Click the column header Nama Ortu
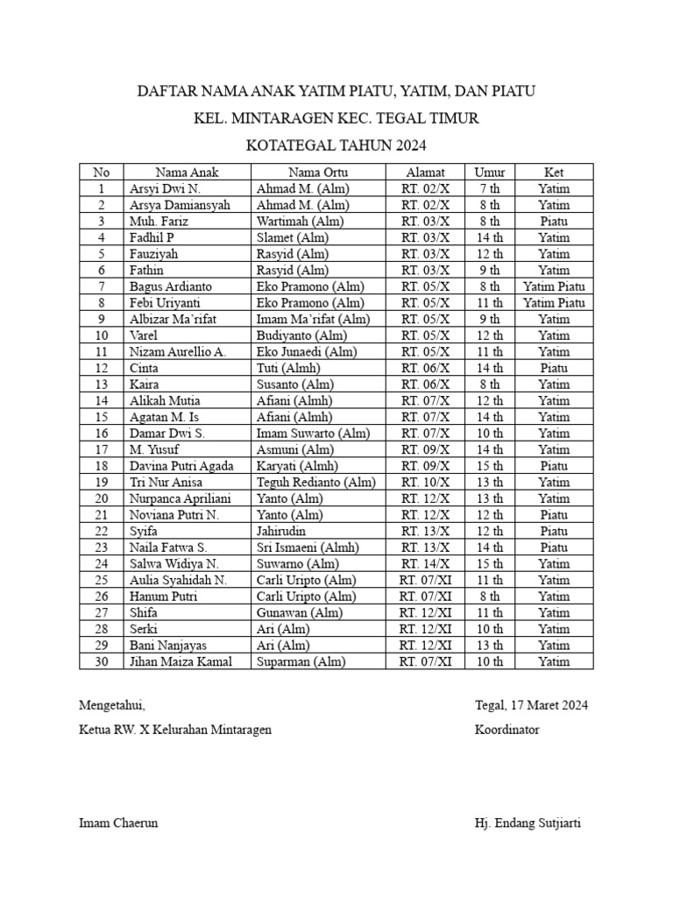(x=318, y=172)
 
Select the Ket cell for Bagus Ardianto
(x=554, y=286)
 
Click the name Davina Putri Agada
(x=181, y=466)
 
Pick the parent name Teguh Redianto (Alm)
(x=316, y=482)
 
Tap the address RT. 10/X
(x=425, y=482)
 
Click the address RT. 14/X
(x=425, y=563)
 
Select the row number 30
(x=101, y=661)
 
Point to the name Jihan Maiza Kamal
(x=181, y=661)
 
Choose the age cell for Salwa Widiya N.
(x=490, y=563)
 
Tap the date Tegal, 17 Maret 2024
(x=531, y=704)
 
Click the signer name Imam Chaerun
(x=118, y=823)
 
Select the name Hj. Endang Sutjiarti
(x=528, y=823)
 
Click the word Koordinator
(x=507, y=729)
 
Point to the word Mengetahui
(x=112, y=704)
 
